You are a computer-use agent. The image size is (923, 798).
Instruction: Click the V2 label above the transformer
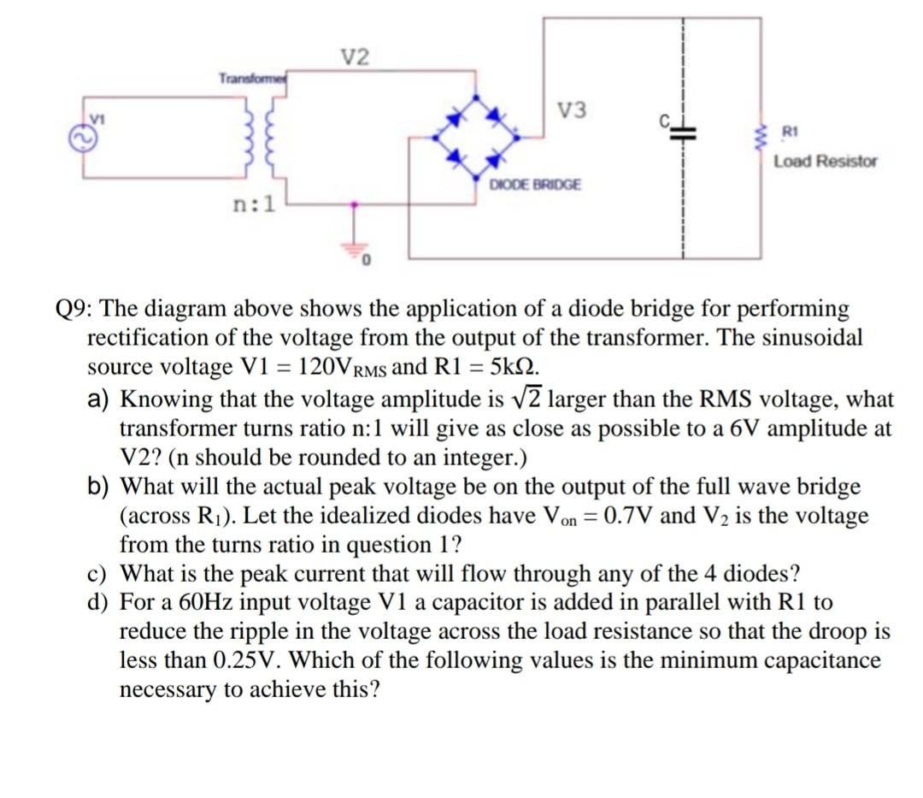(357, 58)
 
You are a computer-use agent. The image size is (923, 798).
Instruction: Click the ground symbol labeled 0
(355, 244)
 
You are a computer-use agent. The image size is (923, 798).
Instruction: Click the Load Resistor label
(826, 161)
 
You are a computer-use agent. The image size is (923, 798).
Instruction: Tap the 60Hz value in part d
(201, 603)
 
